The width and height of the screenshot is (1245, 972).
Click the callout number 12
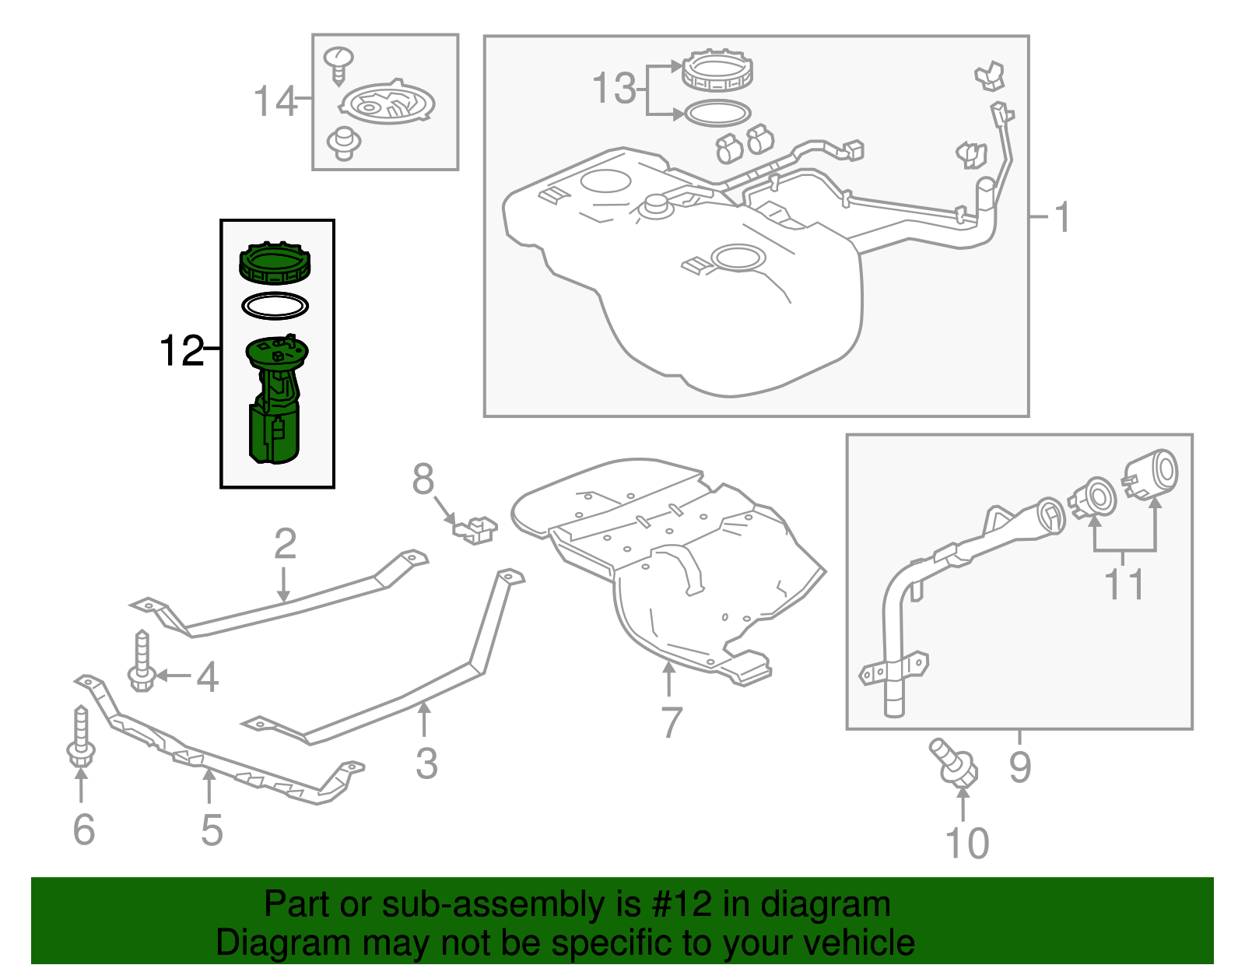[181, 351]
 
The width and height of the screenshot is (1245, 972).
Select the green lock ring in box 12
[275, 264]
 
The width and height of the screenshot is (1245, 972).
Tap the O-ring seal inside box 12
[275, 306]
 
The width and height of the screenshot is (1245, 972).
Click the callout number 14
[275, 102]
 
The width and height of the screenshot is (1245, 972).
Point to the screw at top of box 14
[338, 65]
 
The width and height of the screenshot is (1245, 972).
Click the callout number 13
[614, 88]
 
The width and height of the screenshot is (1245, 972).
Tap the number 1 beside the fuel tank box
[1063, 216]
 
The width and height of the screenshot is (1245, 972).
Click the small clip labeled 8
[475, 529]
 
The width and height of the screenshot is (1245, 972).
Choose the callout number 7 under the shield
[671, 722]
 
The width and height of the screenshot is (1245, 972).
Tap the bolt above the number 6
[80, 736]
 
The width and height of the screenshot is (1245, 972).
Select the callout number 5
[212, 830]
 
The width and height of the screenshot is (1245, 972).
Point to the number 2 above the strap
[285, 544]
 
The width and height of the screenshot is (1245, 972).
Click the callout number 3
[426, 763]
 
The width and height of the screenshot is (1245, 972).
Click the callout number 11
[1125, 584]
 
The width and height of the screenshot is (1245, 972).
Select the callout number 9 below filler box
[1020, 767]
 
